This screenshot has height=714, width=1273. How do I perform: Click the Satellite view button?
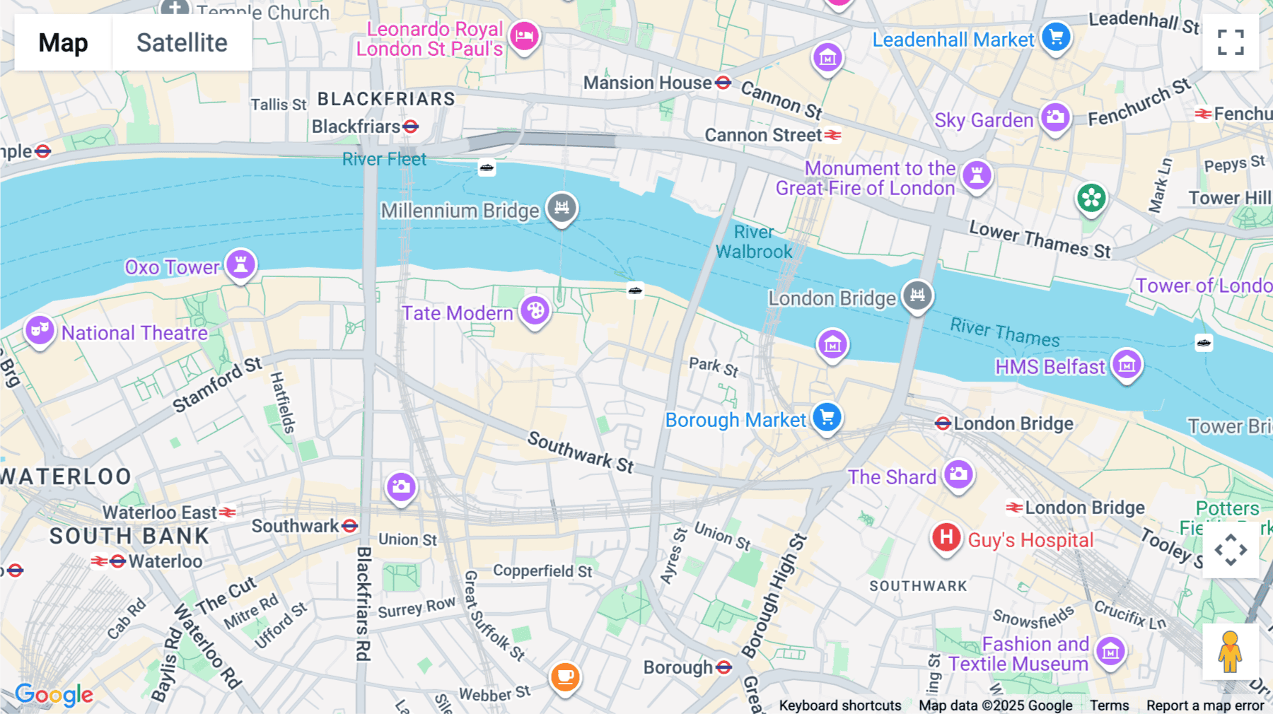coord(182,43)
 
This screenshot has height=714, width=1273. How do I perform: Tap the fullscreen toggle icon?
coord(1231,42)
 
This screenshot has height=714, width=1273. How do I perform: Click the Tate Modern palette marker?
coord(535,310)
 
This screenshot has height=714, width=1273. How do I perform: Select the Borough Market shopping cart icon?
coord(827,417)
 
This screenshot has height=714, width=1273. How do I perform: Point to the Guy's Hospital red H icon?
coord(946,538)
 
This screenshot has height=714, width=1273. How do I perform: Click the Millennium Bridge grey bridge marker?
coord(562,207)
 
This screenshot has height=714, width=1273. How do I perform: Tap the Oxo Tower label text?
coord(172,267)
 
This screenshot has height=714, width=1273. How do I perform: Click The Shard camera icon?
coord(959,474)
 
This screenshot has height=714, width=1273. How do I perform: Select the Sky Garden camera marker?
coord(1055,117)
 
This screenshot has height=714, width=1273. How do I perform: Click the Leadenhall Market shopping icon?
coord(1056,37)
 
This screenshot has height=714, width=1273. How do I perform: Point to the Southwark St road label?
coord(581,452)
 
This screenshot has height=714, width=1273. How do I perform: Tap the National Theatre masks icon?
coord(40,329)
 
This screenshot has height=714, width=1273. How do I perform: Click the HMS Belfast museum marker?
coord(1127,364)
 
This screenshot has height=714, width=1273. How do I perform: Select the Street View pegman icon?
coord(1230,652)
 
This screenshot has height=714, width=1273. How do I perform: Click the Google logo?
coord(54,695)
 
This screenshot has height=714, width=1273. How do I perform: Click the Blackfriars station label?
coord(356,127)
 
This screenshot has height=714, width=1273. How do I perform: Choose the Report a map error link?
coord(1205,706)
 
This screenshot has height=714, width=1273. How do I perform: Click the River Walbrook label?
coord(754,242)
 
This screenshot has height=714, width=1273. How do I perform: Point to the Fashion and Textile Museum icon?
coord(1110,651)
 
